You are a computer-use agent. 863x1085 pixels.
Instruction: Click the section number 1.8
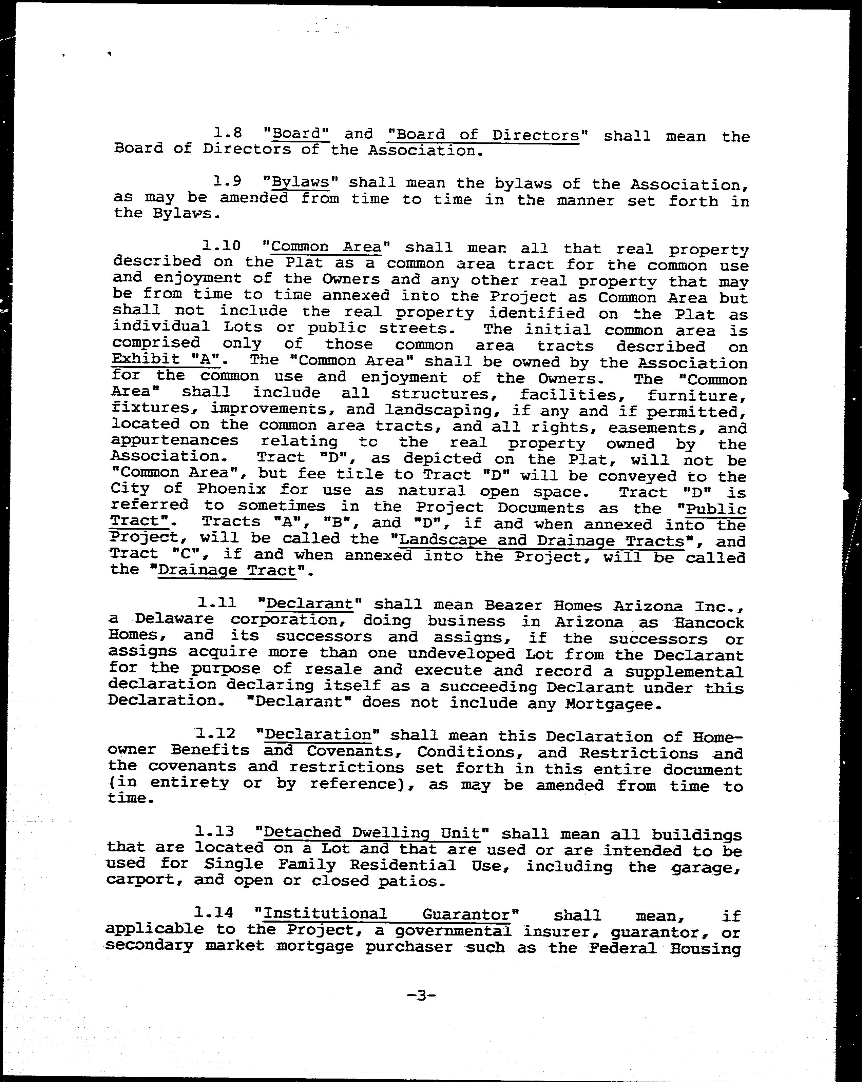[228, 133]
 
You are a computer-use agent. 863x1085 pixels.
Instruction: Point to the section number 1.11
[216, 603]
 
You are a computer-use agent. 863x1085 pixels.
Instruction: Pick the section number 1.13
[214, 832]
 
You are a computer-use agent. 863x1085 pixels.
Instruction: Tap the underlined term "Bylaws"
[300, 182]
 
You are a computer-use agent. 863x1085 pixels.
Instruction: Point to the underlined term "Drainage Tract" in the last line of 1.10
[227, 571]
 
